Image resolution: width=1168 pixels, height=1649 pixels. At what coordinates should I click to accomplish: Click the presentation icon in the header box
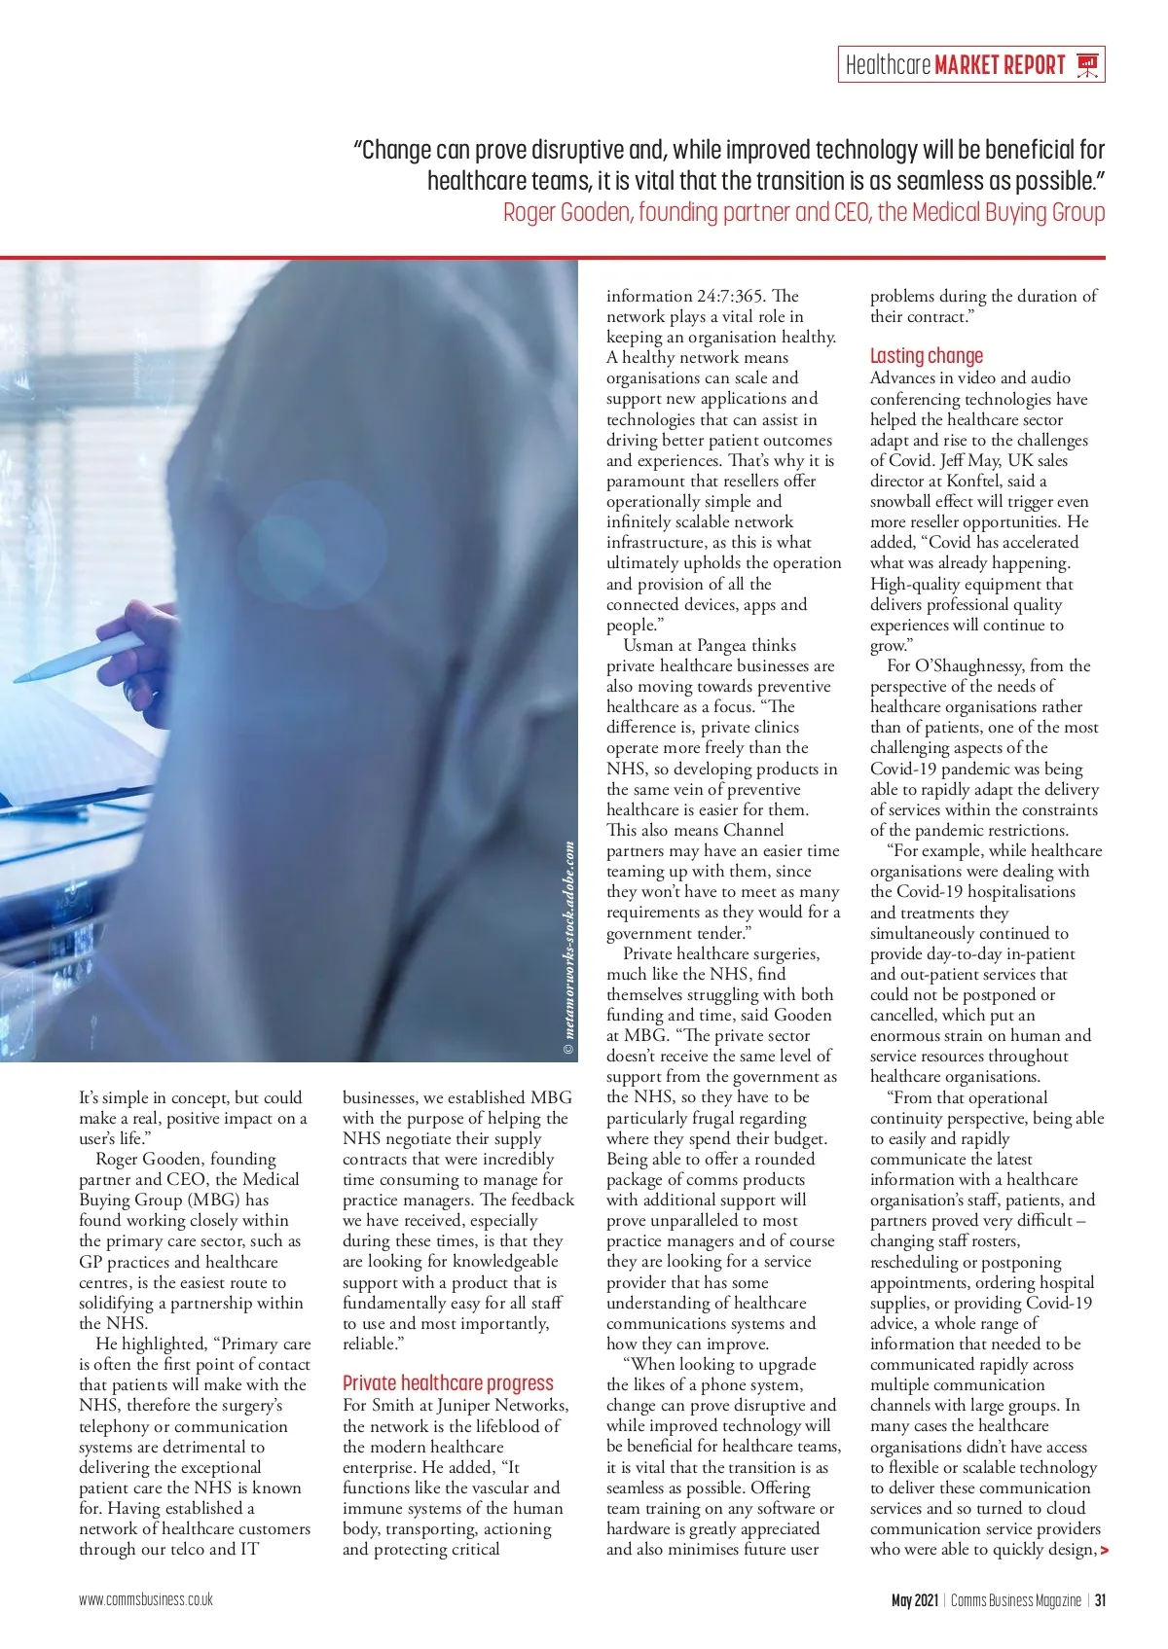point(1087,65)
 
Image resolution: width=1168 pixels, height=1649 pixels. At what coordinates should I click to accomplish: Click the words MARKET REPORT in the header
point(1000,65)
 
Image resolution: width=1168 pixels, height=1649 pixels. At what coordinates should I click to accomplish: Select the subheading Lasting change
point(926,356)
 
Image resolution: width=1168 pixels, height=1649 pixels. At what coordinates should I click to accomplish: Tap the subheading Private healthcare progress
point(448,1383)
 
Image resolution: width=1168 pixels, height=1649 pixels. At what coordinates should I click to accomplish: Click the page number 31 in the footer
point(1100,1600)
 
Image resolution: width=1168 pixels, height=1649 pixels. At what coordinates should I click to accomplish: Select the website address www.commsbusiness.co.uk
point(146,1599)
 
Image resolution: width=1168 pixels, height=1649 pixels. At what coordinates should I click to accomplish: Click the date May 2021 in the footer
point(914,1600)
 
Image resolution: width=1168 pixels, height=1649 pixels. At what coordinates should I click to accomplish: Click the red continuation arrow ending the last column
point(1104,1550)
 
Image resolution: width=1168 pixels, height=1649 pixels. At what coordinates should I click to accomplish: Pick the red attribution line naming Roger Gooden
point(804,212)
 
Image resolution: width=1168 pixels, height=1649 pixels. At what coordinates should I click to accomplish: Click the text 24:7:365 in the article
point(731,296)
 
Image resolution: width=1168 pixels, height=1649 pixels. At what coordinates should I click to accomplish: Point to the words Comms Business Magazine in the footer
point(1015,1600)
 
